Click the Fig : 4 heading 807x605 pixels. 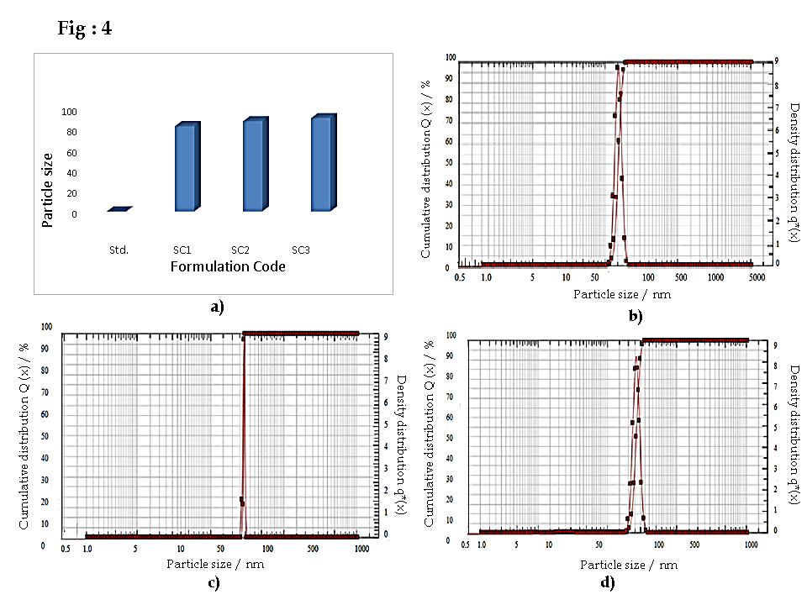[x=84, y=29]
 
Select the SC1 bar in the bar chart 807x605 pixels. [x=186, y=168]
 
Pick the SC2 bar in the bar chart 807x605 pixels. [x=255, y=166]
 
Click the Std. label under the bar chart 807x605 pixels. [x=119, y=250]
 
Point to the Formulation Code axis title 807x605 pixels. [x=227, y=267]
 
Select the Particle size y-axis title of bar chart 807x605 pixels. [x=48, y=189]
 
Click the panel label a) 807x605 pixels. [x=217, y=307]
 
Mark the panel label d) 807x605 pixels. [x=607, y=581]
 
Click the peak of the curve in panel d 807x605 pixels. [x=637, y=358]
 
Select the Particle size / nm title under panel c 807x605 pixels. [x=214, y=564]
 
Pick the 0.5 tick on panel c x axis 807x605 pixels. [x=66, y=548]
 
